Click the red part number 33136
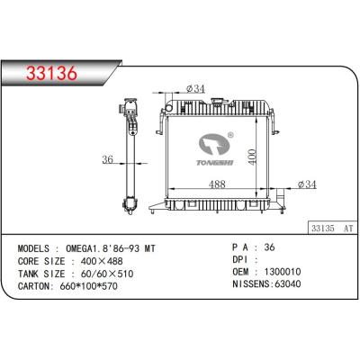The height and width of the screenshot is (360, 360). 51,74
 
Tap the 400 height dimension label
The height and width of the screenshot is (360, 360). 252,157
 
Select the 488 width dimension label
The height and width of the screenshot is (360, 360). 217,184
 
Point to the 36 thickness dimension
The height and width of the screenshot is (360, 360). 107,159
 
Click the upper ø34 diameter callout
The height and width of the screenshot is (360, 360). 195,89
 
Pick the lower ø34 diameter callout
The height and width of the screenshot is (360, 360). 307,184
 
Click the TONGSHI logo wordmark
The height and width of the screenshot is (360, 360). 215,163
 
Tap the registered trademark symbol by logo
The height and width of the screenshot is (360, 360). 230,135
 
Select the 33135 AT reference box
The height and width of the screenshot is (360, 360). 332,229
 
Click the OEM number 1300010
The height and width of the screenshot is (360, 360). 283,272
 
